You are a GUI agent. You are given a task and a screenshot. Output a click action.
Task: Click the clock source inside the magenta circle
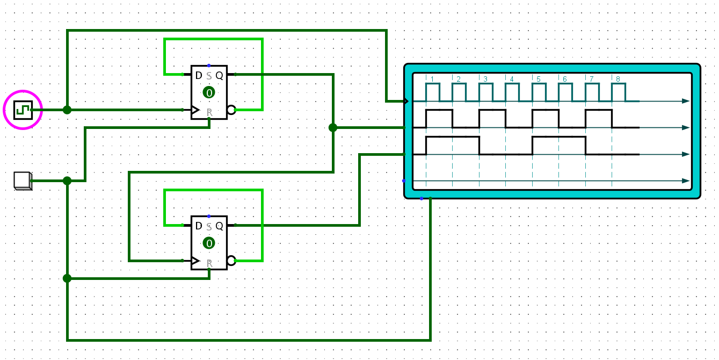point(23,110)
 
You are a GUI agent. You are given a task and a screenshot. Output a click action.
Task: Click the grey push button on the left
point(22,181)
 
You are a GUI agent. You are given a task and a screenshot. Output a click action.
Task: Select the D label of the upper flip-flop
point(199,76)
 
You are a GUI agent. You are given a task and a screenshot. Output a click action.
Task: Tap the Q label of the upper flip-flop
point(219,76)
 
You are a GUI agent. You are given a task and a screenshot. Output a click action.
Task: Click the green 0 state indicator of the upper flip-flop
point(209,92)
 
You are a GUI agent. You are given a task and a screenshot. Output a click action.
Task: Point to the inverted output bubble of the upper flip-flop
point(231,110)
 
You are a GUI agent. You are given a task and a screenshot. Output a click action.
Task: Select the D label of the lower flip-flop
point(199,226)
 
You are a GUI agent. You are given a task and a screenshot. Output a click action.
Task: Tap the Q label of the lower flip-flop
point(219,226)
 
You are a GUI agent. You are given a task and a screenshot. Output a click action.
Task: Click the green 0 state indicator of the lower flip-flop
point(209,243)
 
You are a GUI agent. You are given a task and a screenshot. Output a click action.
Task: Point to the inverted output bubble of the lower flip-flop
point(231,261)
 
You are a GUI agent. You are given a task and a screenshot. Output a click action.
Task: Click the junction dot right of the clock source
point(67,110)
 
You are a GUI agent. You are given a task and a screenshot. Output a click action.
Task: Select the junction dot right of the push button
point(67,181)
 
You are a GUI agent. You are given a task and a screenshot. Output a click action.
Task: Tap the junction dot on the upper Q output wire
point(333,127)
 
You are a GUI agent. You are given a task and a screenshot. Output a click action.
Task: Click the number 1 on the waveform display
point(432,80)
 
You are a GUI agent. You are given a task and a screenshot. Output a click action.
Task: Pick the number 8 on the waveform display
point(618,80)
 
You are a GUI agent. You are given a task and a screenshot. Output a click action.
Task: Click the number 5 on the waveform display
point(538,80)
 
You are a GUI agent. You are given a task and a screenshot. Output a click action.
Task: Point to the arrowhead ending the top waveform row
point(686,101)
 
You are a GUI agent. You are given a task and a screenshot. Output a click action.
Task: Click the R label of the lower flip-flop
point(209,263)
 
